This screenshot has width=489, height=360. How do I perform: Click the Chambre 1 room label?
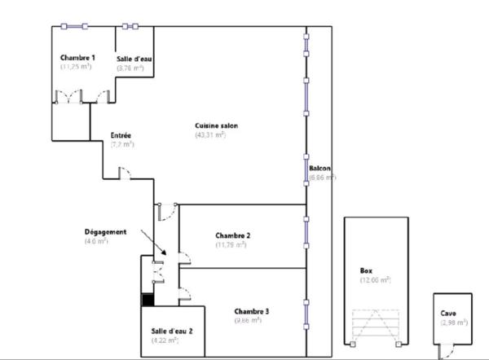78,58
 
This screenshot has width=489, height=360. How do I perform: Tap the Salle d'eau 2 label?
171,331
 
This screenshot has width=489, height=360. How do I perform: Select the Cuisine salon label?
215,125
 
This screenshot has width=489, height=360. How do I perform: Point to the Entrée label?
121,134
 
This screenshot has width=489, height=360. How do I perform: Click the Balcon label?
319,168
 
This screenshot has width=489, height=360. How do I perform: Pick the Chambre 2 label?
232,235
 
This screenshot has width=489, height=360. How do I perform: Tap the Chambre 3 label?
252,311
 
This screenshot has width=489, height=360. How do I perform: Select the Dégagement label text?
105,231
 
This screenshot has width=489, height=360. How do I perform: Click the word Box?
366,270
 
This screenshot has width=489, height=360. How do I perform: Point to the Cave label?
449,313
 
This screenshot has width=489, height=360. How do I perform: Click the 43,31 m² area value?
210,134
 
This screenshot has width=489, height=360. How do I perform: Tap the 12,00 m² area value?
376,280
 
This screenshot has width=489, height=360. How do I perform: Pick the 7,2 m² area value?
122,144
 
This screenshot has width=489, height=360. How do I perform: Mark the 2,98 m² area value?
453,323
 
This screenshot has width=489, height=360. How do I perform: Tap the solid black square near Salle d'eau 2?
148,300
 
